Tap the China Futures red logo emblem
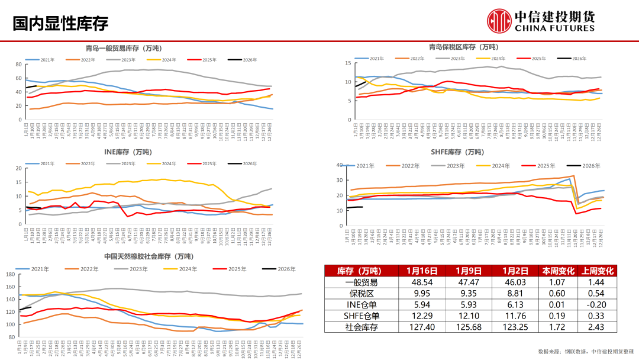pos(498,21)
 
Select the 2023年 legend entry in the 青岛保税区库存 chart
pos(456,59)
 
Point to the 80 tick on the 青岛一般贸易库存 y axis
pos(18,64)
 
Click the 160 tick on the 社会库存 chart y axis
pos(11,275)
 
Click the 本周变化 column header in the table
pos(558,271)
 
